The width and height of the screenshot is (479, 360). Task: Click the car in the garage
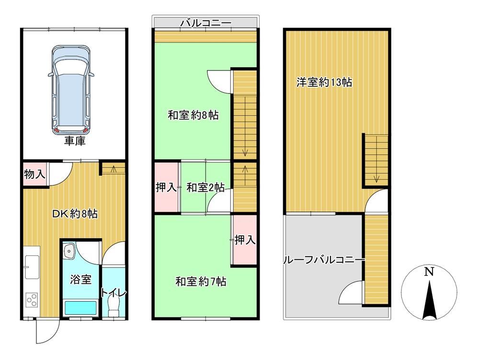tap(71, 90)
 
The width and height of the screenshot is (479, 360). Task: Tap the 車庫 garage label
tap(75, 141)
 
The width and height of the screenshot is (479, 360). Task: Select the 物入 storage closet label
tap(35, 174)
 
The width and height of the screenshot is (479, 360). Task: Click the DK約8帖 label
tap(75, 214)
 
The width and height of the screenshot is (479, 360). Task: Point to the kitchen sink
tap(32, 267)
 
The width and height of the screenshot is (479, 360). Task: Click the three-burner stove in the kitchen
tap(32, 300)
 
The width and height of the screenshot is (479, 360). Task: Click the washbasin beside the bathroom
tap(69, 251)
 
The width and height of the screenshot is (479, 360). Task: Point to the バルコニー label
tap(205, 23)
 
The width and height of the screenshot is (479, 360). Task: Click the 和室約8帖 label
tap(193, 115)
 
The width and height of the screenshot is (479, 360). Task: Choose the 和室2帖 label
tap(205, 187)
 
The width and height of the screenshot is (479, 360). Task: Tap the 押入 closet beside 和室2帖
tap(166, 187)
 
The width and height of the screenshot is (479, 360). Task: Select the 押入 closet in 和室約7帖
tap(245, 240)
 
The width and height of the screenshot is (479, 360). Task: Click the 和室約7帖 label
tap(201, 281)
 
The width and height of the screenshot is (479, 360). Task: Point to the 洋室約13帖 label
tap(324, 82)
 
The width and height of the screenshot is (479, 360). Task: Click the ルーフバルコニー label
tap(324, 260)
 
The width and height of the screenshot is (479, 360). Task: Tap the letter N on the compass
tap(429, 271)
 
